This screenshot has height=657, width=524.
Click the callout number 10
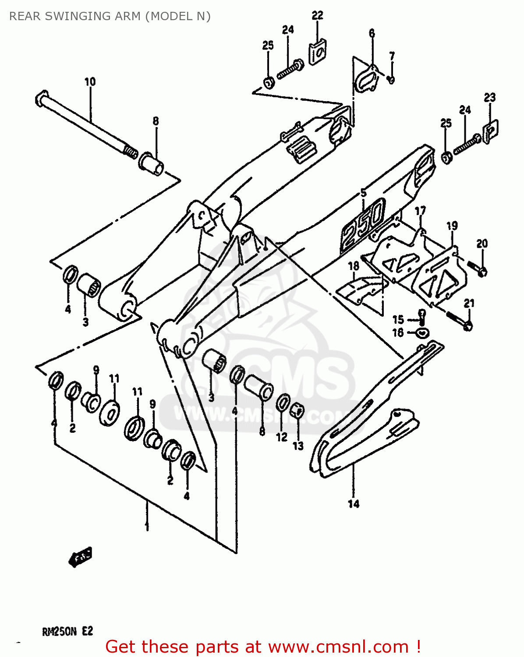[90, 81]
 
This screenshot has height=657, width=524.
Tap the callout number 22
[317, 15]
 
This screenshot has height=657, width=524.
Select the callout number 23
[489, 97]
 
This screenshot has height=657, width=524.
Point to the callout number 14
[354, 504]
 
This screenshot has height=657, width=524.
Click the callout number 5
[364, 193]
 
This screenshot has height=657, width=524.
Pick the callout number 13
[298, 446]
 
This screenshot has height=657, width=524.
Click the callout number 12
[281, 437]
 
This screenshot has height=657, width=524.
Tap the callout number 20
[482, 244]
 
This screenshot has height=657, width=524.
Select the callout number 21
[469, 303]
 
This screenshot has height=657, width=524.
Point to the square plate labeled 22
[317, 52]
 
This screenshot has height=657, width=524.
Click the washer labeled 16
[421, 333]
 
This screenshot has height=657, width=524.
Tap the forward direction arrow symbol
[80, 558]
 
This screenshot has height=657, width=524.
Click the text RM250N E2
[67, 631]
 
